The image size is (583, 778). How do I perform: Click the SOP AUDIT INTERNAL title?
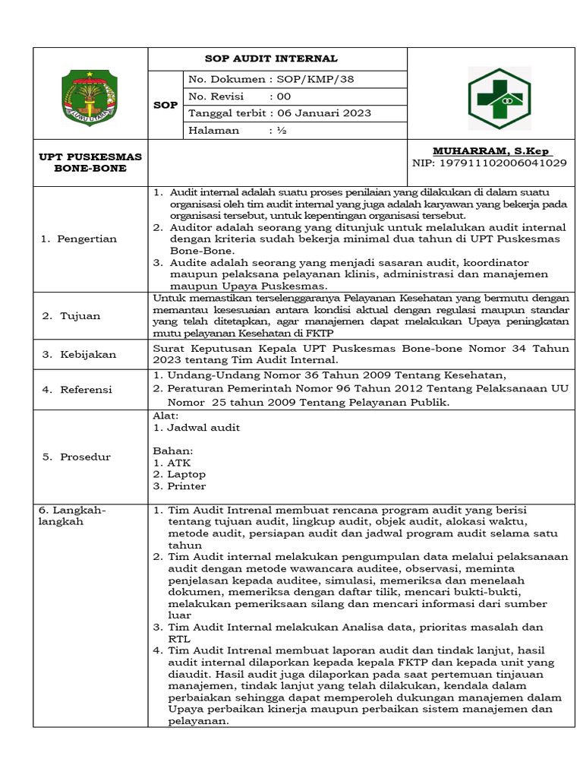272,59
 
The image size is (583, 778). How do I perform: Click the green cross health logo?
499,98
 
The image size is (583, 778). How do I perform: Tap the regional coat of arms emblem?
90,98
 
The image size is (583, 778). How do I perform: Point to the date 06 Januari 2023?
329,113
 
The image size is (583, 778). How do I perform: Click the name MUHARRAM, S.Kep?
492,150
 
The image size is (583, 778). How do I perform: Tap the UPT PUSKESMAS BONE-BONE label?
90,162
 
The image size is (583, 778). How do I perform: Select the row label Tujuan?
76,315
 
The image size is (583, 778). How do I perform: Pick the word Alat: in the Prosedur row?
166,416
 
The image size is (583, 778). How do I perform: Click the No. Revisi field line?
239,96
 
